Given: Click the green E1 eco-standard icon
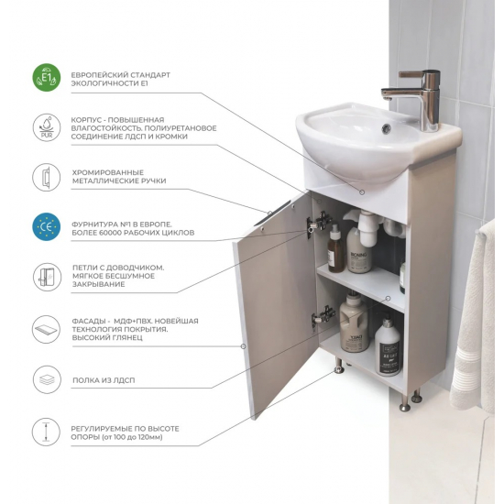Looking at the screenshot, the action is point(47,78).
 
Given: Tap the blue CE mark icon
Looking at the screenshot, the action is point(47,226).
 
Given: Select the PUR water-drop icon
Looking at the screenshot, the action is point(47,127).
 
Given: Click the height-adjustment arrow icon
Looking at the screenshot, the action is point(47,432).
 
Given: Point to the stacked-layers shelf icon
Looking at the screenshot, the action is point(47,379).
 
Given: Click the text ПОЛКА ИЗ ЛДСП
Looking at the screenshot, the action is point(104,380).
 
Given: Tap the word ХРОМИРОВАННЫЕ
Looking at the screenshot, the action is point(108,172).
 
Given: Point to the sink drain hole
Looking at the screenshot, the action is point(386,128).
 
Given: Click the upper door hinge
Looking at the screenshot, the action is point(319,223).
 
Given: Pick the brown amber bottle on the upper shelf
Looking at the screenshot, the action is point(335,248).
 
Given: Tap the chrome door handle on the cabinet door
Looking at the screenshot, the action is point(272,213).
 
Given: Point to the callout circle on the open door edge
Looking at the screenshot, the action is point(244,346).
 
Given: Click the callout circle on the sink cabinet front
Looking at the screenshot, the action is point(362,192).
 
